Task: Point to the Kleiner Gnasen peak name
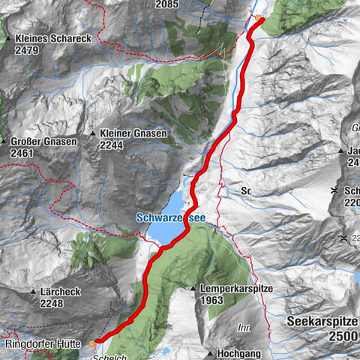[x=134, y=133]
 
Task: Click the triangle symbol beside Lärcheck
[x=32, y=292]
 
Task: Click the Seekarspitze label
[x=322, y=321]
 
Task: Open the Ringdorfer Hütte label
[x=42, y=344]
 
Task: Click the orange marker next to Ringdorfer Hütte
[x=92, y=343]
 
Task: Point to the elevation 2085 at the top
[x=166, y=4]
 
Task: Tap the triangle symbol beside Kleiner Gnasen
[x=93, y=133]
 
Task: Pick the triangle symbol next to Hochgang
[x=211, y=352]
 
